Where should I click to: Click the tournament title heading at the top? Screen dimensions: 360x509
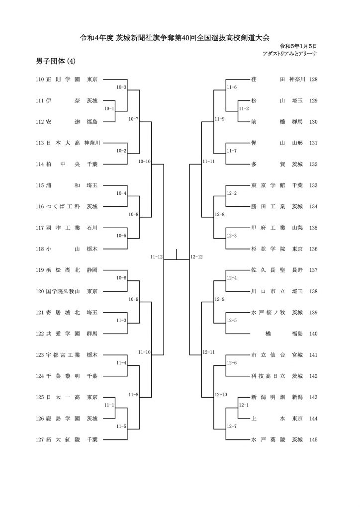coord(175,38)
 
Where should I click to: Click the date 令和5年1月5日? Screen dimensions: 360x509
coord(298,46)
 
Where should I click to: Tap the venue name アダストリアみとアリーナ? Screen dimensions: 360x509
coord(290,54)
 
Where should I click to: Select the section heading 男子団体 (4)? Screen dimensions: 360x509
coord(56,61)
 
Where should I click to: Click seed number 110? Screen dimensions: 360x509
coord(40,79)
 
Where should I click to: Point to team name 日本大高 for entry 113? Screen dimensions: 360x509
coord(63,143)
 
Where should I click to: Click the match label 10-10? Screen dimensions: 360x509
coord(145,162)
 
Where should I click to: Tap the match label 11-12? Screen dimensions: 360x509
coord(157,257)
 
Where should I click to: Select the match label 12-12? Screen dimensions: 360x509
coord(197,257)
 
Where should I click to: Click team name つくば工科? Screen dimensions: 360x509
coord(63,206)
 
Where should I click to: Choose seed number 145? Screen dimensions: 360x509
coord(313,439)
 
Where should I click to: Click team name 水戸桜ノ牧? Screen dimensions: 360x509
coord(268,313)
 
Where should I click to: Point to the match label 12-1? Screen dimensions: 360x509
coord(244,405)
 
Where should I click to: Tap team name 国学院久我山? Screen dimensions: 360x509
coord(63,291)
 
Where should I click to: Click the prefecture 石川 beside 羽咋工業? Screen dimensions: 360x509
coord(92,228)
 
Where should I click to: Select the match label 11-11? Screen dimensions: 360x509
coord(208,162)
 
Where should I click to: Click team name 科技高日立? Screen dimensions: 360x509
coord(268,376)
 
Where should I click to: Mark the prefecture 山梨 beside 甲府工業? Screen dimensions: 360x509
coord(297,228)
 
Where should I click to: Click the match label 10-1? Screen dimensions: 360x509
coord(109,109)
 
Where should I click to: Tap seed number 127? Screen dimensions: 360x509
coord(40,439)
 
